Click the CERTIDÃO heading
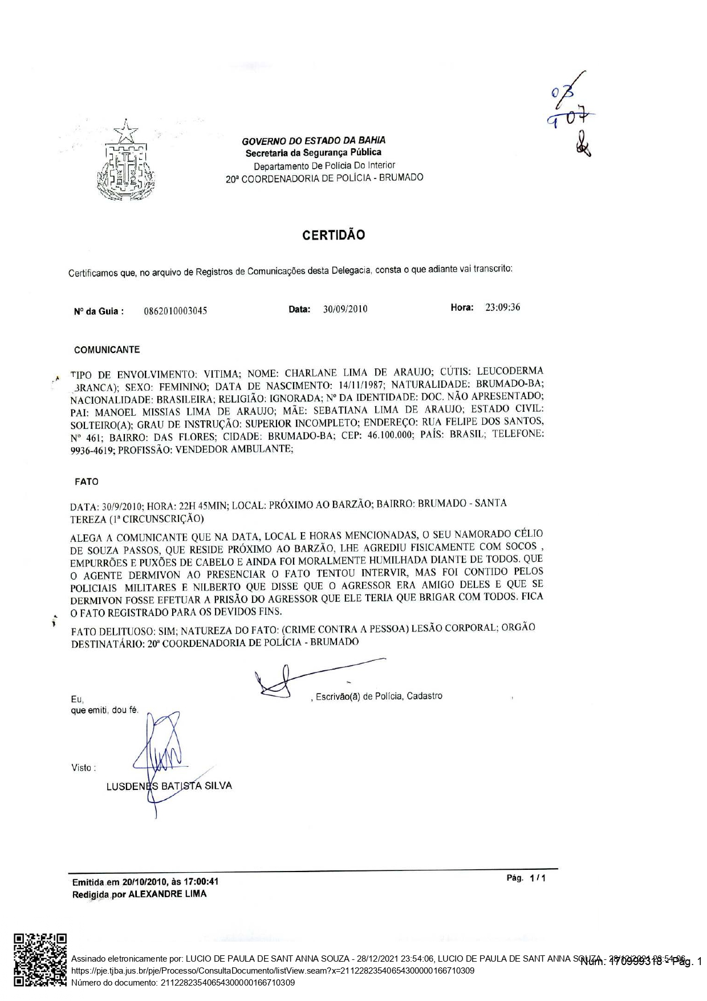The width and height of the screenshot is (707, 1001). tap(333, 235)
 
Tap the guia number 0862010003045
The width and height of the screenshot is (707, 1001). tap(176, 311)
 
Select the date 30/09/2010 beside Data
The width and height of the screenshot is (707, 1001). tap(345, 309)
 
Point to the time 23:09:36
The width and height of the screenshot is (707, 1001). tap(502, 307)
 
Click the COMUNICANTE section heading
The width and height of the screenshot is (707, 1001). tap(107, 350)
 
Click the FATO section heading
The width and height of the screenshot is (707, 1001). tap(87, 481)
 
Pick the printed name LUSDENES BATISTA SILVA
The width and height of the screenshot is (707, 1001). tap(169, 786)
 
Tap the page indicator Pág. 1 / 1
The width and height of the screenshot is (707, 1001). tap(526, 878)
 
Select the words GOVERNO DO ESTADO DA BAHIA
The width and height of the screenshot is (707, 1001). tap(314, 140)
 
